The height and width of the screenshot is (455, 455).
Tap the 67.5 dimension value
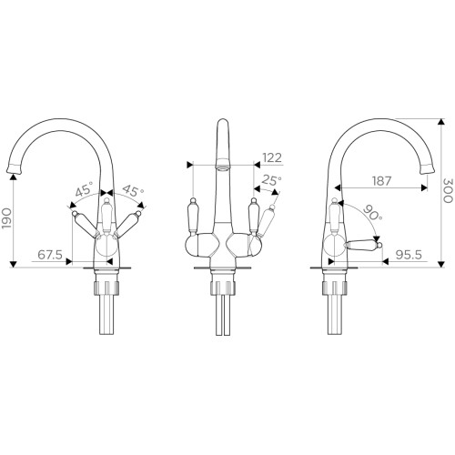(x=50, y=255)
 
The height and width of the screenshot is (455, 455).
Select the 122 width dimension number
(x=272, y=157)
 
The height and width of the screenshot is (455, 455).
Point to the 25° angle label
(x=272, y=180)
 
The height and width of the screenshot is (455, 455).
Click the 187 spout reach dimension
(x=381, y=181)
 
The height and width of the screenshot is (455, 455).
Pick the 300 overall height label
(x=449, y=190)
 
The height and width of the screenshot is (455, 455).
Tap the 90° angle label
(x=372, y=213)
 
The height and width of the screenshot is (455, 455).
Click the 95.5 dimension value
(x=409, y=255)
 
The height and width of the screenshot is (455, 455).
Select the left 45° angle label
(x=84, y=190)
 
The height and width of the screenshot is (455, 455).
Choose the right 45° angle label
(x=133, y=191)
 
